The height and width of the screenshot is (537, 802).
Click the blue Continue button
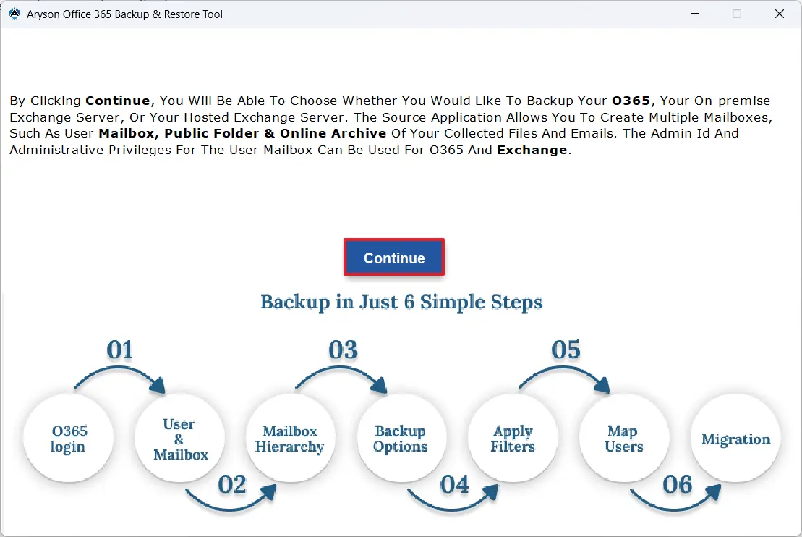click(394, 258)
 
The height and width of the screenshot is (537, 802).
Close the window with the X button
click(780, 14)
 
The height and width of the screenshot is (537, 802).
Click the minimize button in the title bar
click(694, 14)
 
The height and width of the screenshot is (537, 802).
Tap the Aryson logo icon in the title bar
click(14, 14)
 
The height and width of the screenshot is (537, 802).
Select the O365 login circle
click(69, 439)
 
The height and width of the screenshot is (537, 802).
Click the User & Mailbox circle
click(180, 439)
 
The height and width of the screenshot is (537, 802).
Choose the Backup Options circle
click(401, 439)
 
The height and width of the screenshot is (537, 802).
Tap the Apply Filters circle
click(513, 439)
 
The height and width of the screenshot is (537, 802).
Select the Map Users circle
click(623, 439)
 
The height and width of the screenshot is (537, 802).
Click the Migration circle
click(735, 439)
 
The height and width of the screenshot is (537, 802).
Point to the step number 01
click(120, 350)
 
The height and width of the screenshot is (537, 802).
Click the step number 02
click(232, 484)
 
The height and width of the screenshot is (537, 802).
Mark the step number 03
click(343, 350)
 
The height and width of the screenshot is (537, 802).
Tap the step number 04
click(455, 484)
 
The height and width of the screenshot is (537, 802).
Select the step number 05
click(566, 350)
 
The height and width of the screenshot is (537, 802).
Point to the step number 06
click(678, 484)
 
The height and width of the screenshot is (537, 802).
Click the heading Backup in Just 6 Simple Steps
click(401, 302)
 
